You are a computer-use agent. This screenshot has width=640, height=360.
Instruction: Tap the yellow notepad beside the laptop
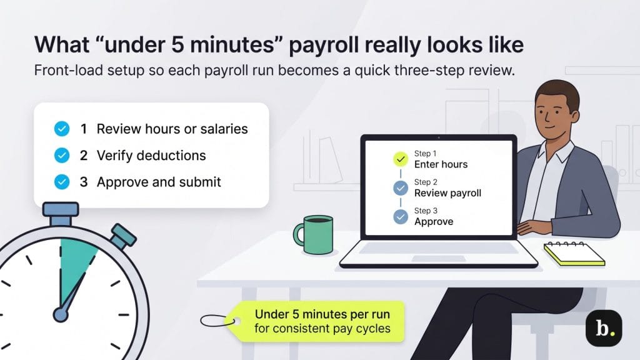tap(574, 254)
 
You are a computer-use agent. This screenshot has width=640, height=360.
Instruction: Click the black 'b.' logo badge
tap(603, 327)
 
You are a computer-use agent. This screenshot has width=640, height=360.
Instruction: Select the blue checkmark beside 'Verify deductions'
tap(62, 156)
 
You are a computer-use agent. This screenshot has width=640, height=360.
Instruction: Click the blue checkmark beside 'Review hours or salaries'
tap(62, 129)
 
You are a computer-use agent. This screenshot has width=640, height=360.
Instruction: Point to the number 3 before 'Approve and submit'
tap(84, 182)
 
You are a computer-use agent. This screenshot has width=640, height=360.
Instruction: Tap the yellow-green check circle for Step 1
tap(400, 159)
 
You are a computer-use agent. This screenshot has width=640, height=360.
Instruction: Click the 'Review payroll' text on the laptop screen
tap(447, 193)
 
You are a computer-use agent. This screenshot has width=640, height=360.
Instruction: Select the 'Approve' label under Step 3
tap(434, 221)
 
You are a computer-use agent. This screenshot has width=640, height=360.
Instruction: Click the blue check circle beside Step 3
tap(400, 216)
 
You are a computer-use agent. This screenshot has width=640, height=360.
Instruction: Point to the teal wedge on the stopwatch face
tap(77, 262)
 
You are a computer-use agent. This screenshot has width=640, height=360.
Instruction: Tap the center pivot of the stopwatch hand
tap(61, 313)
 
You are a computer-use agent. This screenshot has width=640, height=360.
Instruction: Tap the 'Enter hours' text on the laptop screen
tap(441, 164)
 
